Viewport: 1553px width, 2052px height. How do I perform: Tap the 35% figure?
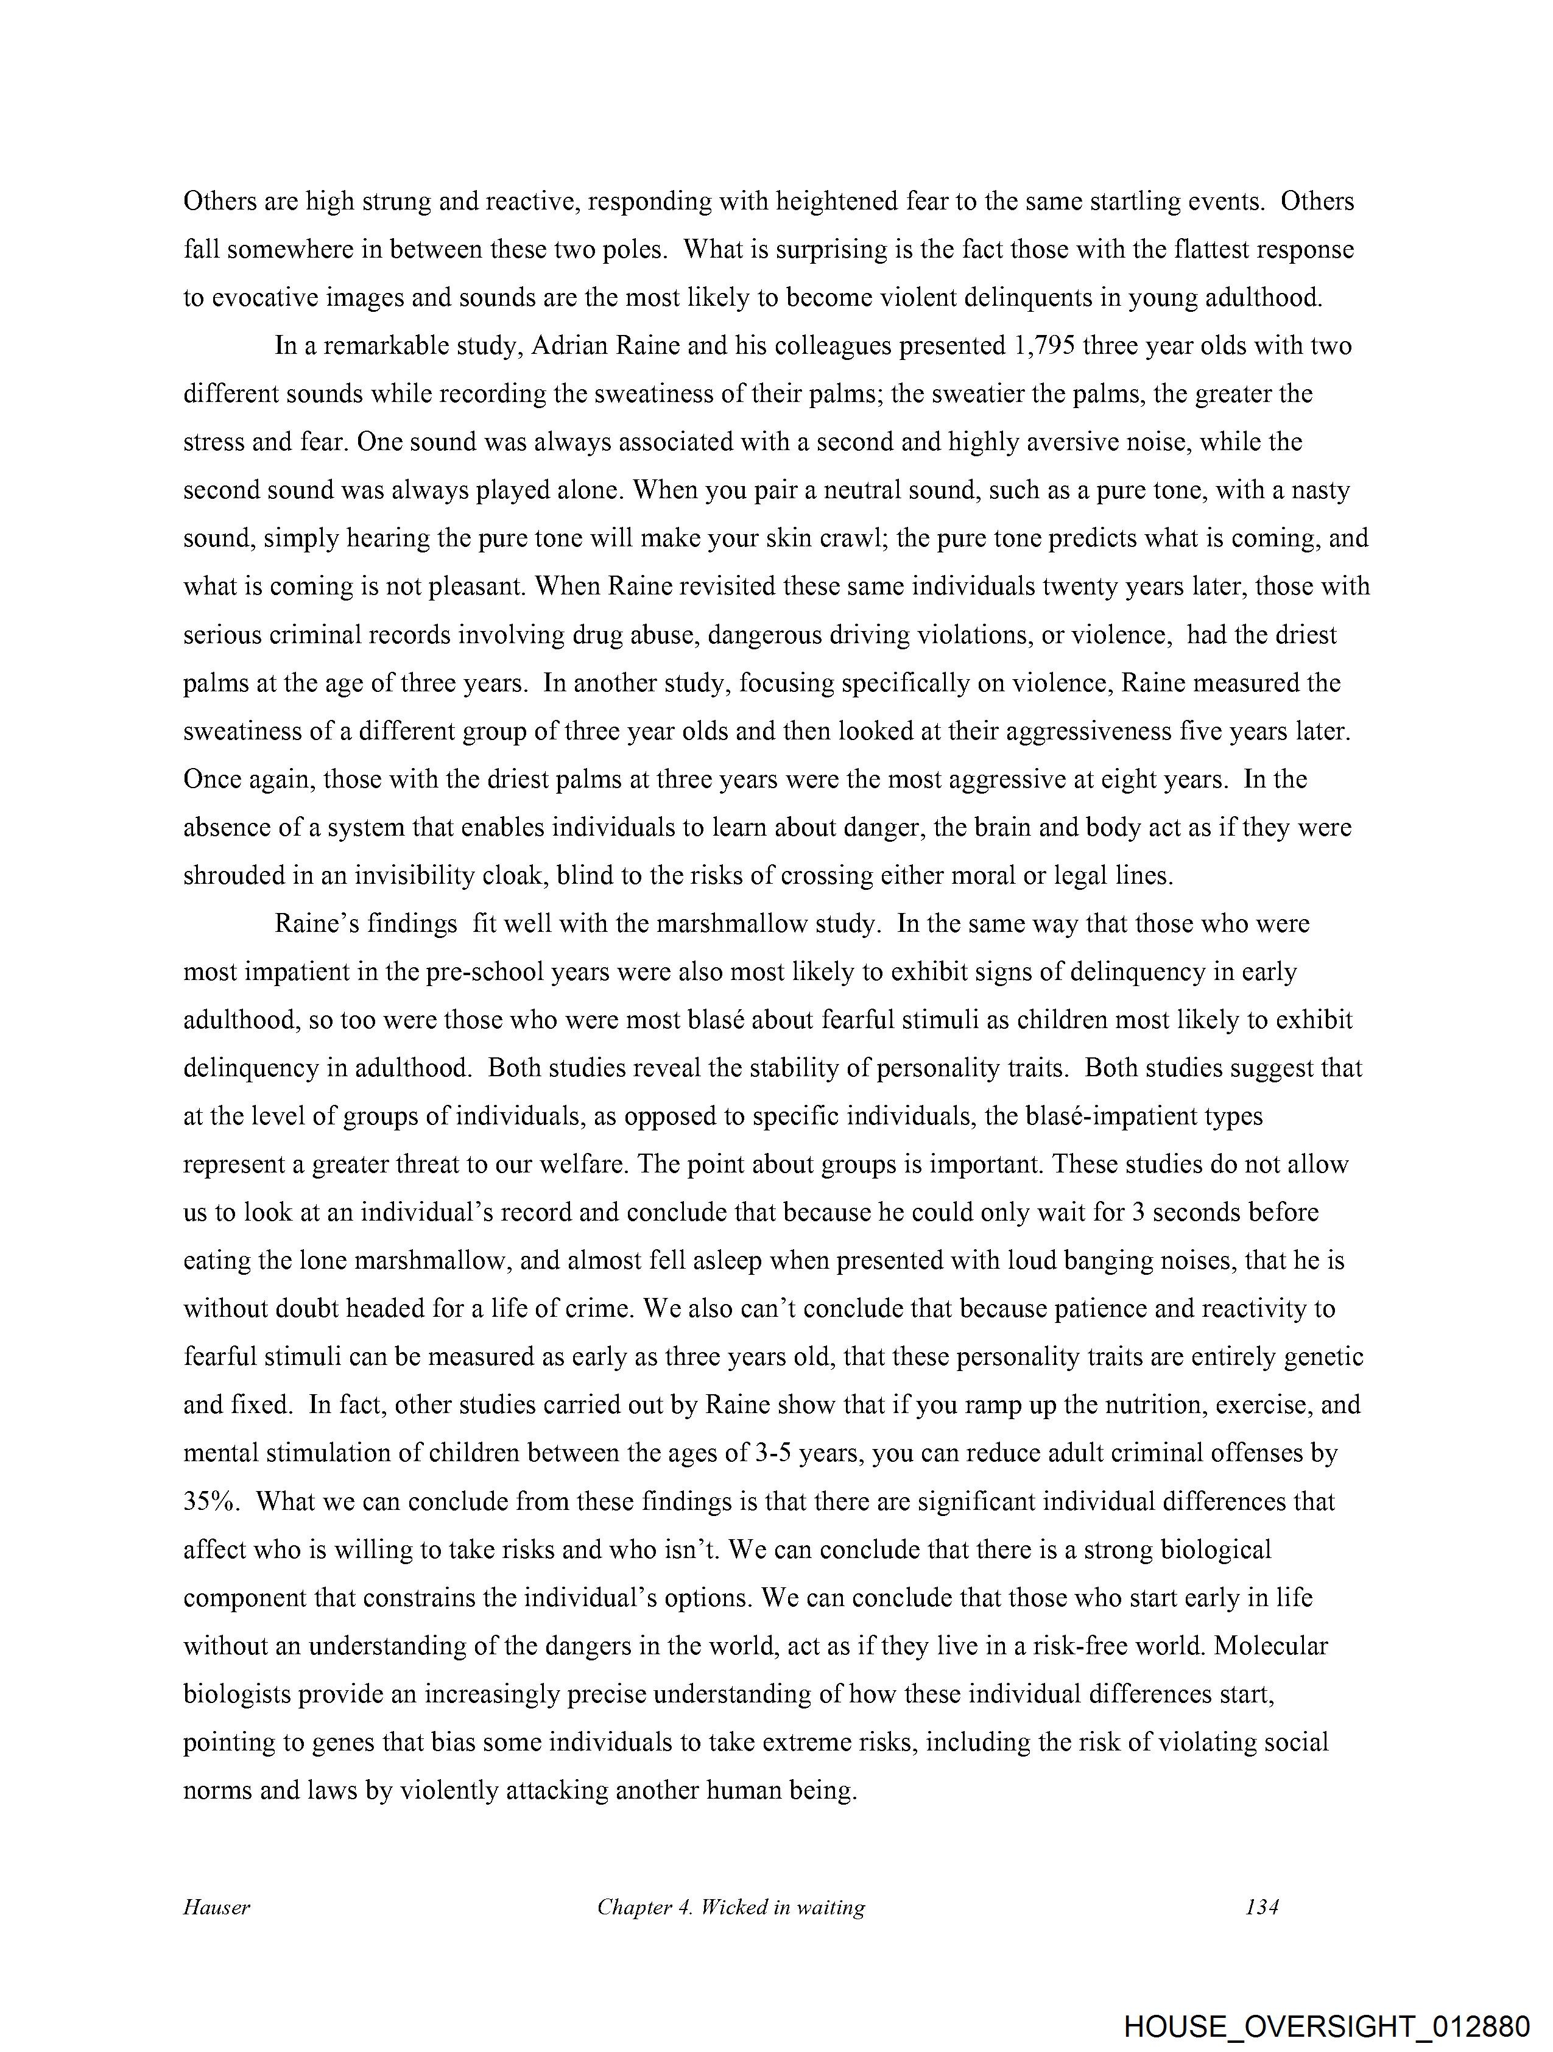pos(213,1501)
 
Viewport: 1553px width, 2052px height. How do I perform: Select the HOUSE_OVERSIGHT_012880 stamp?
pos(1326,2023)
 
